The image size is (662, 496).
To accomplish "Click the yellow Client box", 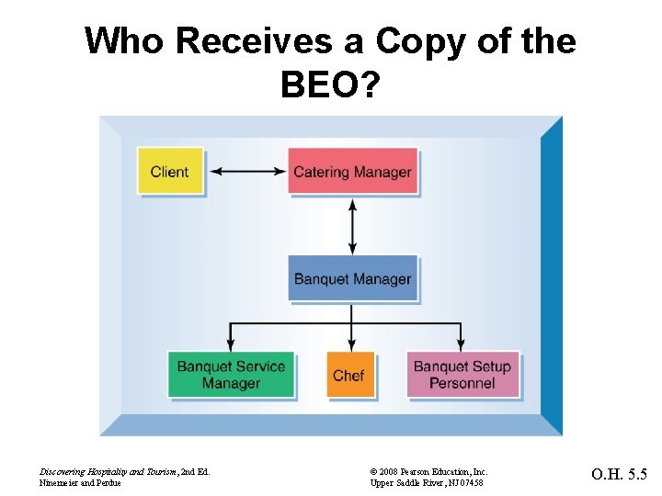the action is (169, 171).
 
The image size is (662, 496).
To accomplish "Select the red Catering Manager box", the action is (352, 171).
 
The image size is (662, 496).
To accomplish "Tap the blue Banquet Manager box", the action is (352, 279).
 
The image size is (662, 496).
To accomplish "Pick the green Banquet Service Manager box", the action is (231, 375).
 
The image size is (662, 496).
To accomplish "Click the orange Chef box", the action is (349, 375).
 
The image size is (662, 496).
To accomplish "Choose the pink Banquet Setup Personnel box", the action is (462, 375).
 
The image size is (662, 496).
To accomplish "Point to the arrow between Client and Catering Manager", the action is (247, 171).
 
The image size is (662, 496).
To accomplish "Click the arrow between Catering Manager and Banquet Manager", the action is (352, 225).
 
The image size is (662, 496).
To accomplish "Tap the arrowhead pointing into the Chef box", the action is (351, 345).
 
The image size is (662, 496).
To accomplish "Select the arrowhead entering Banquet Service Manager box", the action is (231, 345).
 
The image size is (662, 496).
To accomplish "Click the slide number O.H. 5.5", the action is (619, 476).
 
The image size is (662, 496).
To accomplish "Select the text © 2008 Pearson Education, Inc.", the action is (429, 471).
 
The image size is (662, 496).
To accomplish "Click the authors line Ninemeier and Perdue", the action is (80, 483).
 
